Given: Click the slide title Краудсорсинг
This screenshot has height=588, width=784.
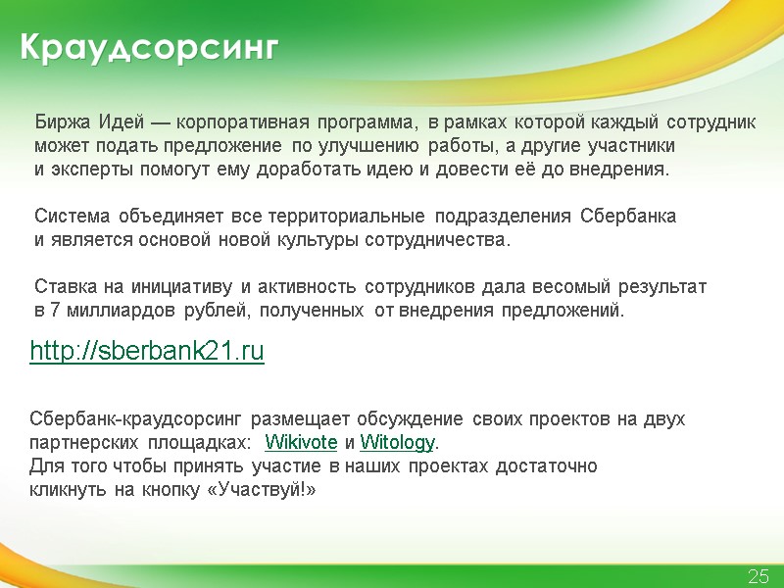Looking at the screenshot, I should [x=148, y=48].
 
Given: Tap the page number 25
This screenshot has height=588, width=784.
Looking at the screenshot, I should [x=759, y=576].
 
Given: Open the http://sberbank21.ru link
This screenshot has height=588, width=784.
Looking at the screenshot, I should [x=147, y=352].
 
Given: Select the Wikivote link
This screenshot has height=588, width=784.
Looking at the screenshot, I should [x=302, y=442].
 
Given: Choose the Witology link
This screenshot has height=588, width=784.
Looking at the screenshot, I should [x=397, y=442].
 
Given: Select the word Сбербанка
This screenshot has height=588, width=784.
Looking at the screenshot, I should [x=627, y=217].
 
